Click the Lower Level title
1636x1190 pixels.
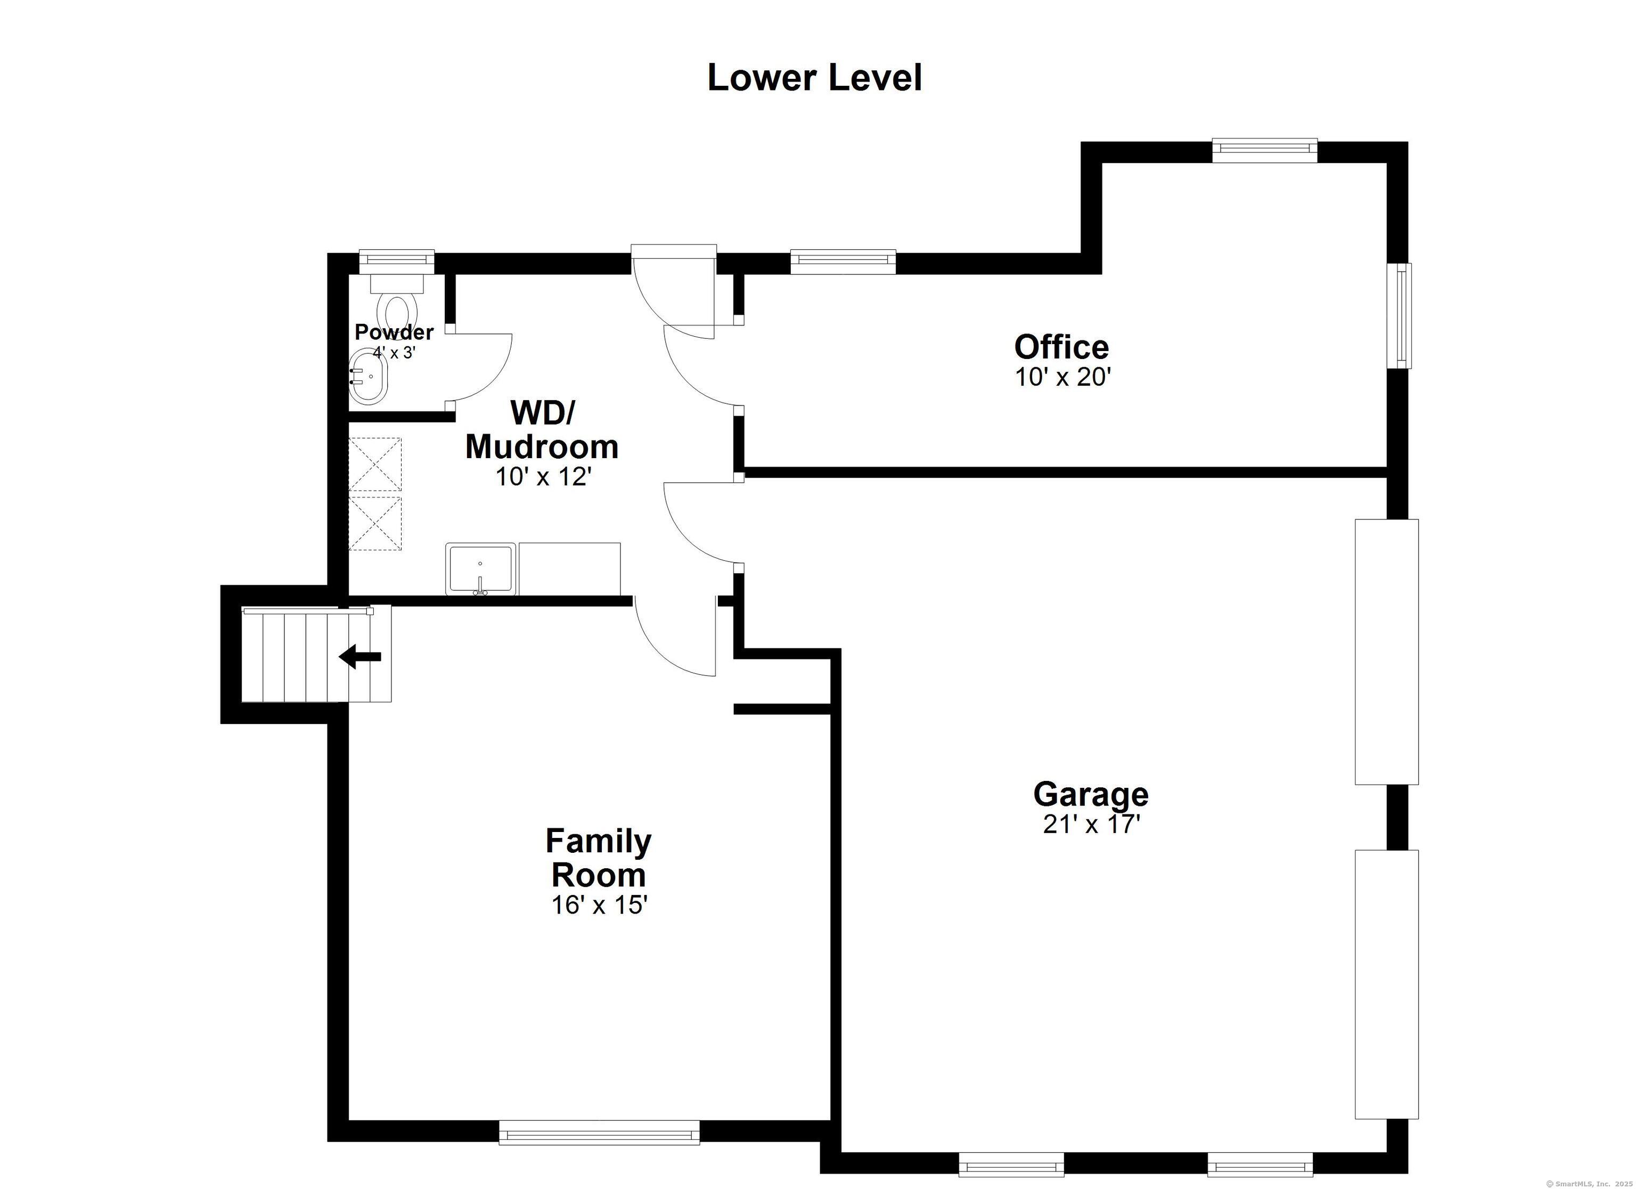coord(814,78)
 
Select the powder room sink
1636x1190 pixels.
coord(369,377)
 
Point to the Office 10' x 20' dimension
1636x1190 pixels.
coord(1062,377)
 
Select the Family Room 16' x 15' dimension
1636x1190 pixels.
coord(599,905)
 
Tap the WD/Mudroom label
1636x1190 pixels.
coord(542,430)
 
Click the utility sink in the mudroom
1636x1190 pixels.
coord(480,569)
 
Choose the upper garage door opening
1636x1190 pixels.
coord(1386,651)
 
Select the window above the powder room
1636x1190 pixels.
coord(397,260)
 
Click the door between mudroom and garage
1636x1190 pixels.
coord(700,525)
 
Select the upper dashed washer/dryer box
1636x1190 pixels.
coord(375,464)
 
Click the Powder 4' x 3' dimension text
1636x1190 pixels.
coord(394,353)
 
